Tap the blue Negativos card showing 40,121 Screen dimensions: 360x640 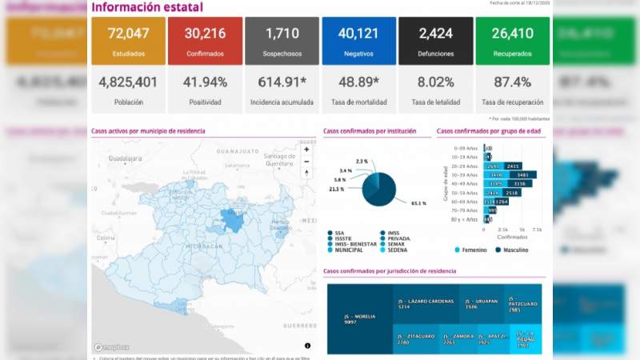tap(358, 41)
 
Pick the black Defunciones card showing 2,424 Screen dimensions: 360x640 tap(435, 41)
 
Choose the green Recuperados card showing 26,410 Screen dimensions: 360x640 tap(512, 41)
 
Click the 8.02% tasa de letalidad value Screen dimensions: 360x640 tap(435, 82)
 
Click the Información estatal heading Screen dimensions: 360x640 tap(147, 7)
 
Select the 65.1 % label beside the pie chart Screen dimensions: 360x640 tap(418, 203)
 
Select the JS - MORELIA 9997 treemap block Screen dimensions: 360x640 tap(360, 319)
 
